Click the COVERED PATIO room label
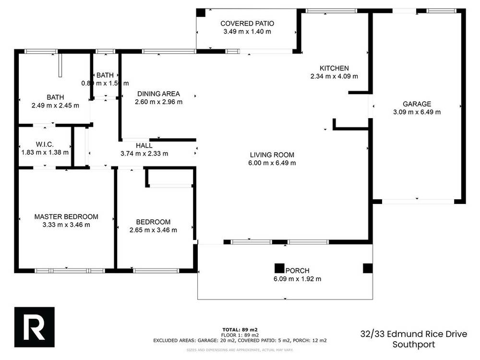pos(247,24)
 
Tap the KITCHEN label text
pos(334,68)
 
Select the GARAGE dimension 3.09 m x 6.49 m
pos(417,112)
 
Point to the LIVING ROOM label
pos(272,155)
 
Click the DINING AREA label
pos(158,94)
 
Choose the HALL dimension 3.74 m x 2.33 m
pos(144,154)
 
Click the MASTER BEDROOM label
pos(66,216)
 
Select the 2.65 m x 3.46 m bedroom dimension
pos(153,230)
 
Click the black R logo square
pos(34,327)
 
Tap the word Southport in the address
pos(413,344)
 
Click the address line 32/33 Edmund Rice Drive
pos(413,334)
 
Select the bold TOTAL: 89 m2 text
pos(240,330)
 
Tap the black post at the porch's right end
pos(367,268)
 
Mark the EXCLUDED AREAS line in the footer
pos(240,340)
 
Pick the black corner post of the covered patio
pos(201,13)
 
